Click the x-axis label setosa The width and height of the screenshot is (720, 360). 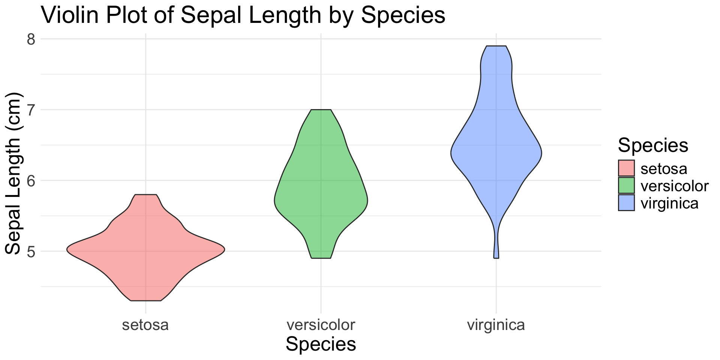(x=145, y=325)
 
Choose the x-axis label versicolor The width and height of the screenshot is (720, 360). (x=321, y=325)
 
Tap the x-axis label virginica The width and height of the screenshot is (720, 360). (x=496, y=325)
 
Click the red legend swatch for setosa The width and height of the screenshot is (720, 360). (x=626, y=168)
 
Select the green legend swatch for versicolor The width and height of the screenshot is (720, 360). (x=626, y=186)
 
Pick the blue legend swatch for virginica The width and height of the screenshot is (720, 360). (x=626, y=203)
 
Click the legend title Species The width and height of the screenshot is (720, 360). (x=653, y=145)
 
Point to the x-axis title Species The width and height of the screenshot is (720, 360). (x=321, y=344)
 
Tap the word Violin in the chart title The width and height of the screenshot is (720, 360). (x=70, y=16)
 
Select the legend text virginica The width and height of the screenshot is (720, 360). (x=669, y=203)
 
